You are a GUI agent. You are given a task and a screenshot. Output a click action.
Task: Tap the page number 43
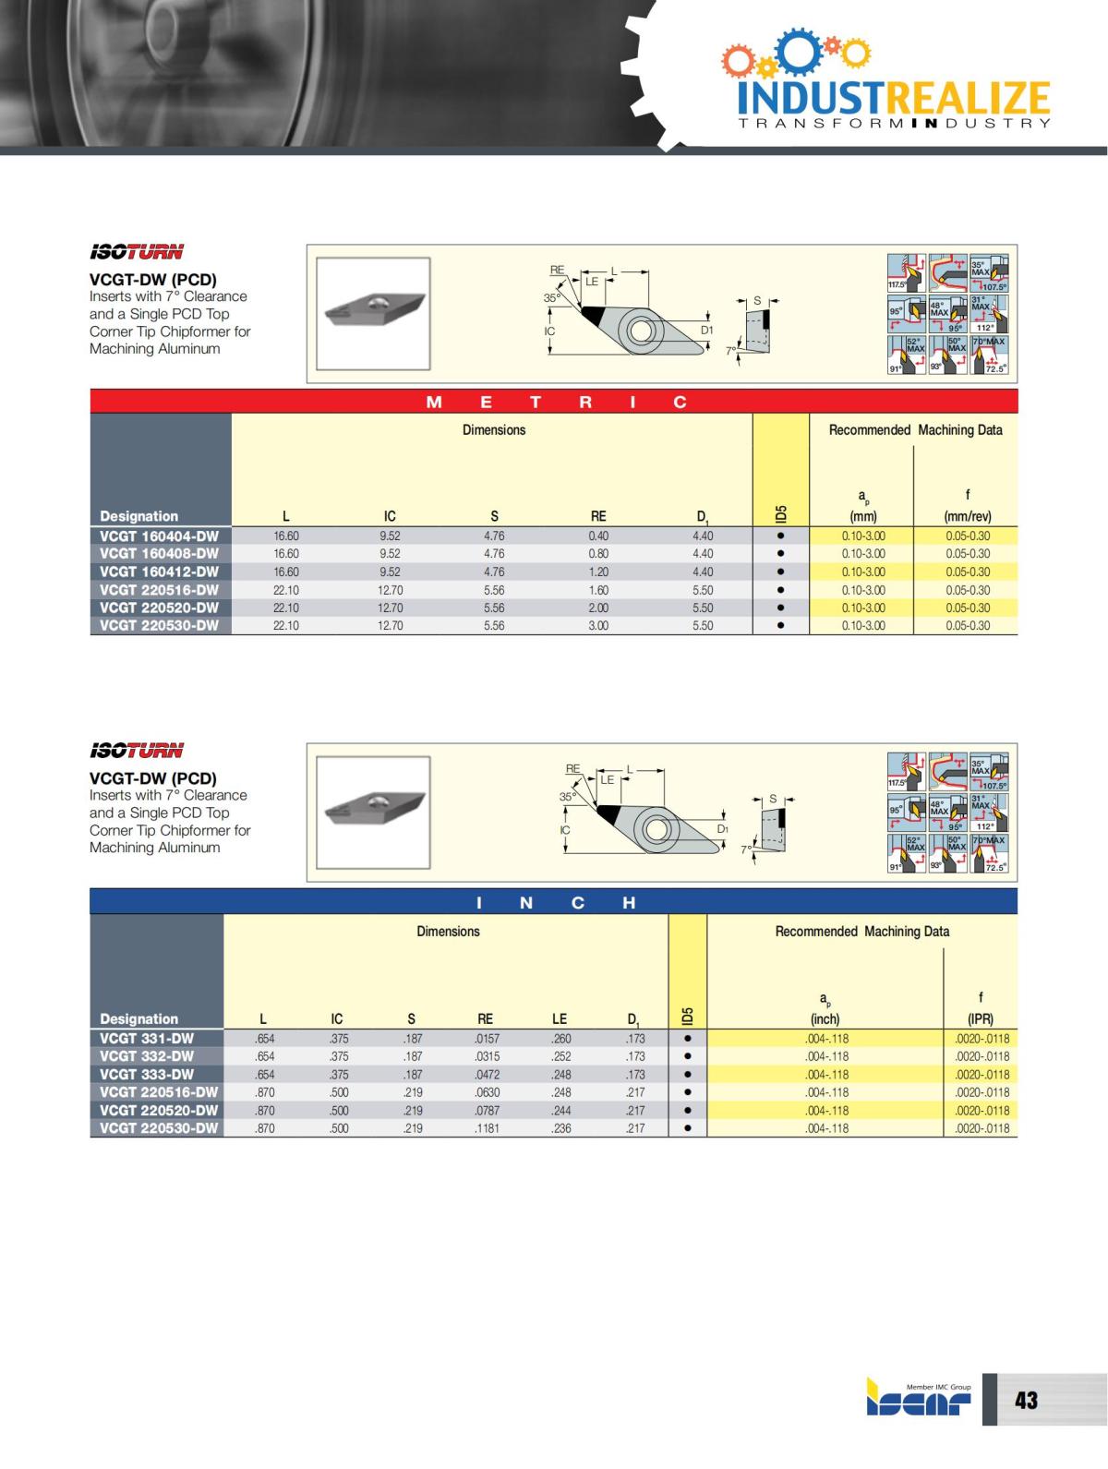pyautogui.click(x=1026, y=1401)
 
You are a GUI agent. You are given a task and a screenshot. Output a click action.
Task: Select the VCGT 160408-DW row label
pyautogui.click(x=159, y=554)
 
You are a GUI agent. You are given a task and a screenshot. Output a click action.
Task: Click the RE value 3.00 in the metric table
pyautogui.click(x=598, y=626)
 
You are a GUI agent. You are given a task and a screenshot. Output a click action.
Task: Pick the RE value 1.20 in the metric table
pyautogui.click(x=598, y=572)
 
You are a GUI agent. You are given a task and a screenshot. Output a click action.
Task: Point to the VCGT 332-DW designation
pyautogui.click(x=147, y=1056)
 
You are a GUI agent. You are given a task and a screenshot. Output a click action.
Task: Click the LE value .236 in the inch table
pyautogui.click(x=560, y=1128)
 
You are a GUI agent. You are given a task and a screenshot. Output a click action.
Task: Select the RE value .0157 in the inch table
pyautogui.click(x=487, y=1039)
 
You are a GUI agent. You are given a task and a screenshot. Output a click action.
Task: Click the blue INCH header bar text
pyautogui.click(x=552, y=903)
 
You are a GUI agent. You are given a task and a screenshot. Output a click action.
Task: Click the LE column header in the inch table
pyautogui.click(x=560, y=1019)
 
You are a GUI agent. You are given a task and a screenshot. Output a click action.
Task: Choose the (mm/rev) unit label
pyautogui.click(x=968, y=517)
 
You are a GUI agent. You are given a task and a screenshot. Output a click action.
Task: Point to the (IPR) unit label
pyautogui.click(x=980, y=1019)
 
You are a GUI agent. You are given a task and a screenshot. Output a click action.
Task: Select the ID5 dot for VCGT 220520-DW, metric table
pyautogui.click(x=780, y=608)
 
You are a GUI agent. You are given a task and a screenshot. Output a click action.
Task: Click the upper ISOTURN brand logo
pyautogui.click(x=137, y=252)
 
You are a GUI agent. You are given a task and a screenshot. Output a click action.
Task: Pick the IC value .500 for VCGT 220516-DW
pyautogui.click(x=339, y=1092)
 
